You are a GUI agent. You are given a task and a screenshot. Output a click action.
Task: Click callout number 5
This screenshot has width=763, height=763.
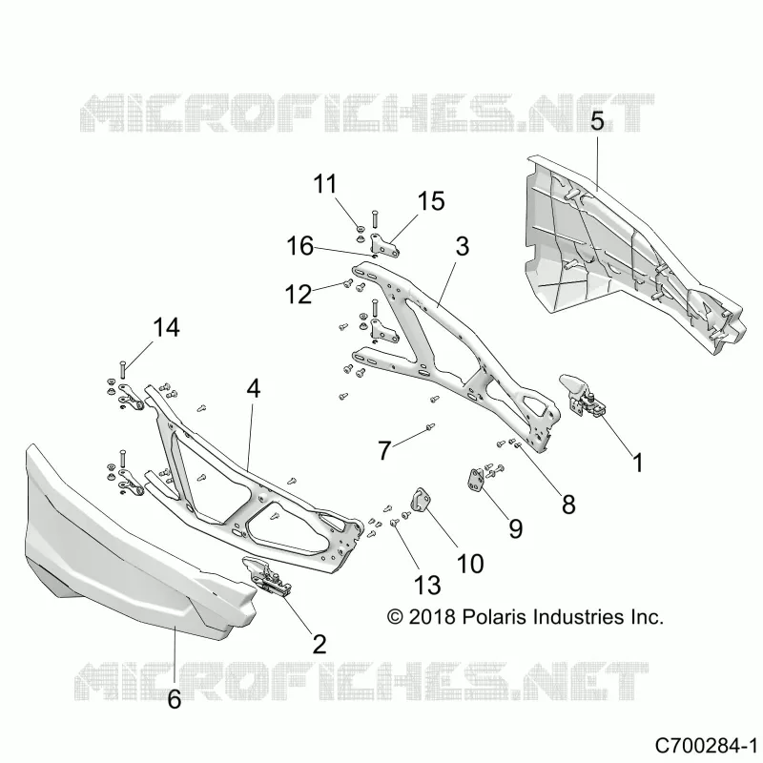click(597, 121)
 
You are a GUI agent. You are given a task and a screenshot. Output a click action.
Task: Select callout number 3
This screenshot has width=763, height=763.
click(462, 246)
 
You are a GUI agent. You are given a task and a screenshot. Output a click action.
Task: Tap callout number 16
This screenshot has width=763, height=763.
click(299, 246)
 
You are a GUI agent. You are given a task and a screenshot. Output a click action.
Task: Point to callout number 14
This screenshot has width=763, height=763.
click(166, 327)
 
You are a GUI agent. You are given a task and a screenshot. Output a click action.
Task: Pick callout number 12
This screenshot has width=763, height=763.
click(298, 295)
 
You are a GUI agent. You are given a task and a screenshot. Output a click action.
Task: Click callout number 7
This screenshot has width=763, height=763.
click(384, 450)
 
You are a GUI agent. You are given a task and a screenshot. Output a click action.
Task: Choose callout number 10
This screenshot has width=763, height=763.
click(470, 564)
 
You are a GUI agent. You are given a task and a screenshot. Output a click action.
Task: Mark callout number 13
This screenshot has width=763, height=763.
click(427, 585)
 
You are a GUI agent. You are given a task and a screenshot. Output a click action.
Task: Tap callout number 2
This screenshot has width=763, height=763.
click(320, 645)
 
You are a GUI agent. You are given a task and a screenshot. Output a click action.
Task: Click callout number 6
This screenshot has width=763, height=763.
click(175, 699)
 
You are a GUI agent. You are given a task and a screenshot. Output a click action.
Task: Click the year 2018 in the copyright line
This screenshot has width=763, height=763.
click(432, 616)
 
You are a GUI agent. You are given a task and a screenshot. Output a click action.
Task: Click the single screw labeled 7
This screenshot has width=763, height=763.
click(429, 426)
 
